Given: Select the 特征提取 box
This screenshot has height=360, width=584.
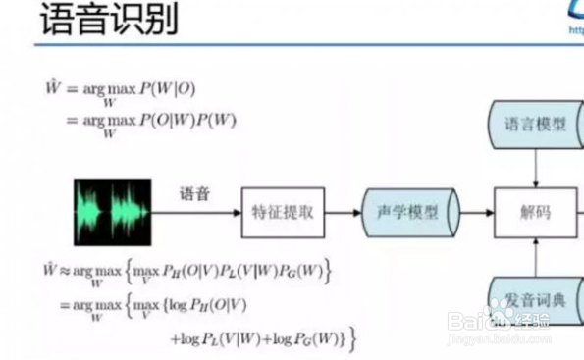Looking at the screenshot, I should coord(283,212).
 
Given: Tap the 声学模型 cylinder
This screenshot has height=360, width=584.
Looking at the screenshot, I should coord(407,212).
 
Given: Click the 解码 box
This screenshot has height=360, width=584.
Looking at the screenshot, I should coord(536,212).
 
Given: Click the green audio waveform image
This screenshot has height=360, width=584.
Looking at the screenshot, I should coord(112,212).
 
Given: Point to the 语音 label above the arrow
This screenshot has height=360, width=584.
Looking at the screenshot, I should coord(194,194).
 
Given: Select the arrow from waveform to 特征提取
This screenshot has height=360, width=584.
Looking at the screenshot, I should coord(196,212).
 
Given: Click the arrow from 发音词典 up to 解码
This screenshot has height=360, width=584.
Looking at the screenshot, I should coord(536,254).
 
